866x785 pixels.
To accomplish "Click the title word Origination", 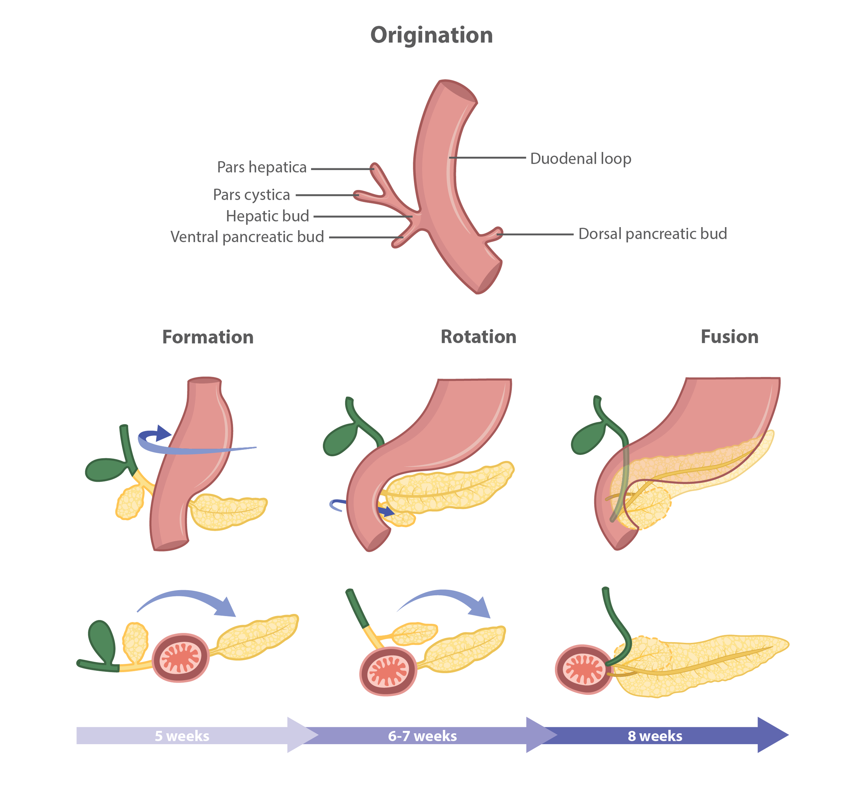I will point(431,35).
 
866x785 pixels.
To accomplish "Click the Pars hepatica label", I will point(262,167).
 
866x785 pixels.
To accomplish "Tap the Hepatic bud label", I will point(267,216).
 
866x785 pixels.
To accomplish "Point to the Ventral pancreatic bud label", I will point(247,237).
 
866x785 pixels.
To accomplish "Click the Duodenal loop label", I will point(580,159).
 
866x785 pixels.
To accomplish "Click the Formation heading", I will point(208,337).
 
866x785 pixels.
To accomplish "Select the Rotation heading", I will point(478,337).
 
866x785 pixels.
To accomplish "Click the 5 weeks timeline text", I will point(182,736).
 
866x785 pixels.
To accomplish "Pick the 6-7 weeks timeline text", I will point(422,736).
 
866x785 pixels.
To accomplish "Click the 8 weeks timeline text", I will point(655,736).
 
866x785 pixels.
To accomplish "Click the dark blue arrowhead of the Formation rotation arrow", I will point(163,433).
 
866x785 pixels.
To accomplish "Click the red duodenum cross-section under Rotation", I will point(388,671).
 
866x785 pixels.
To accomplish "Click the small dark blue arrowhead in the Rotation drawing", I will point(388,511).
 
